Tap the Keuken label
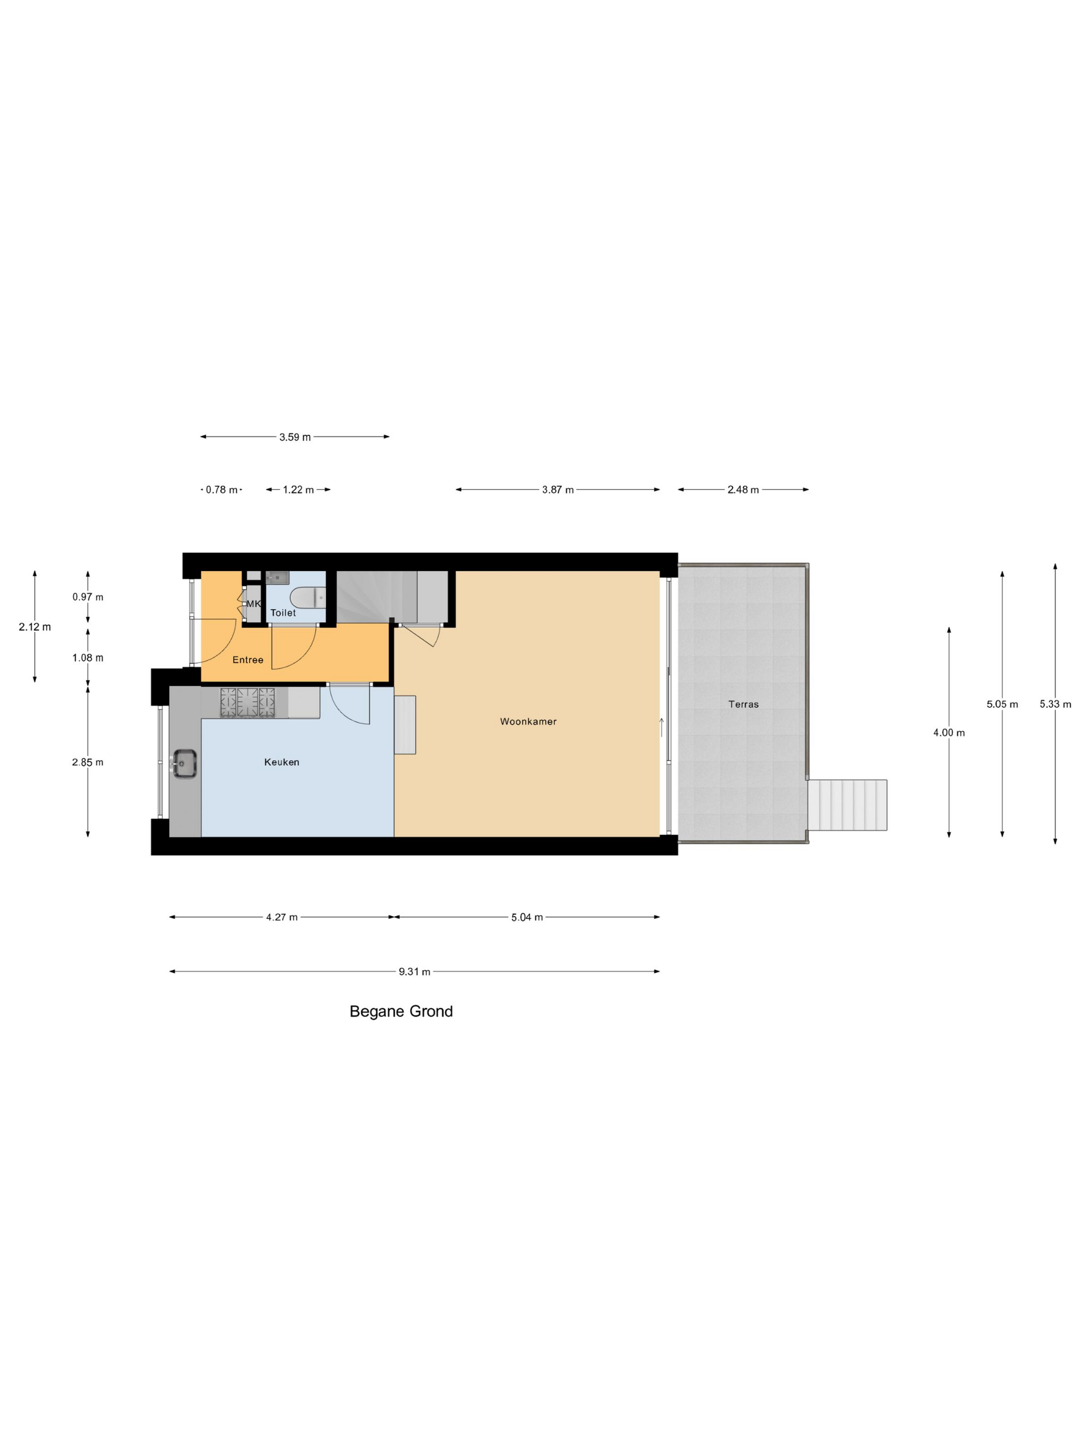[281, 762]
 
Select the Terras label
[743, 704]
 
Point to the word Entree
[248, 660]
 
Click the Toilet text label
[283, 612]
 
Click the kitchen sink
[185, 764]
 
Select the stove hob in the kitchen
[247, 702]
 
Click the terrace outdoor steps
[847, 805]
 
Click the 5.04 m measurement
[527, 917]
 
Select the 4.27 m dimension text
[282, 917]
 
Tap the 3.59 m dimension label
[295, 437]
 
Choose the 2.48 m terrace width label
[743, 489]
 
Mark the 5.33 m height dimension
[1055, 704]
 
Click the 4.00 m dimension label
[949, 732]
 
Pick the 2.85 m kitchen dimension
[87, 762]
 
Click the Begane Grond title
[401, 1011]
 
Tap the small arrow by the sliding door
[662, 727]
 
